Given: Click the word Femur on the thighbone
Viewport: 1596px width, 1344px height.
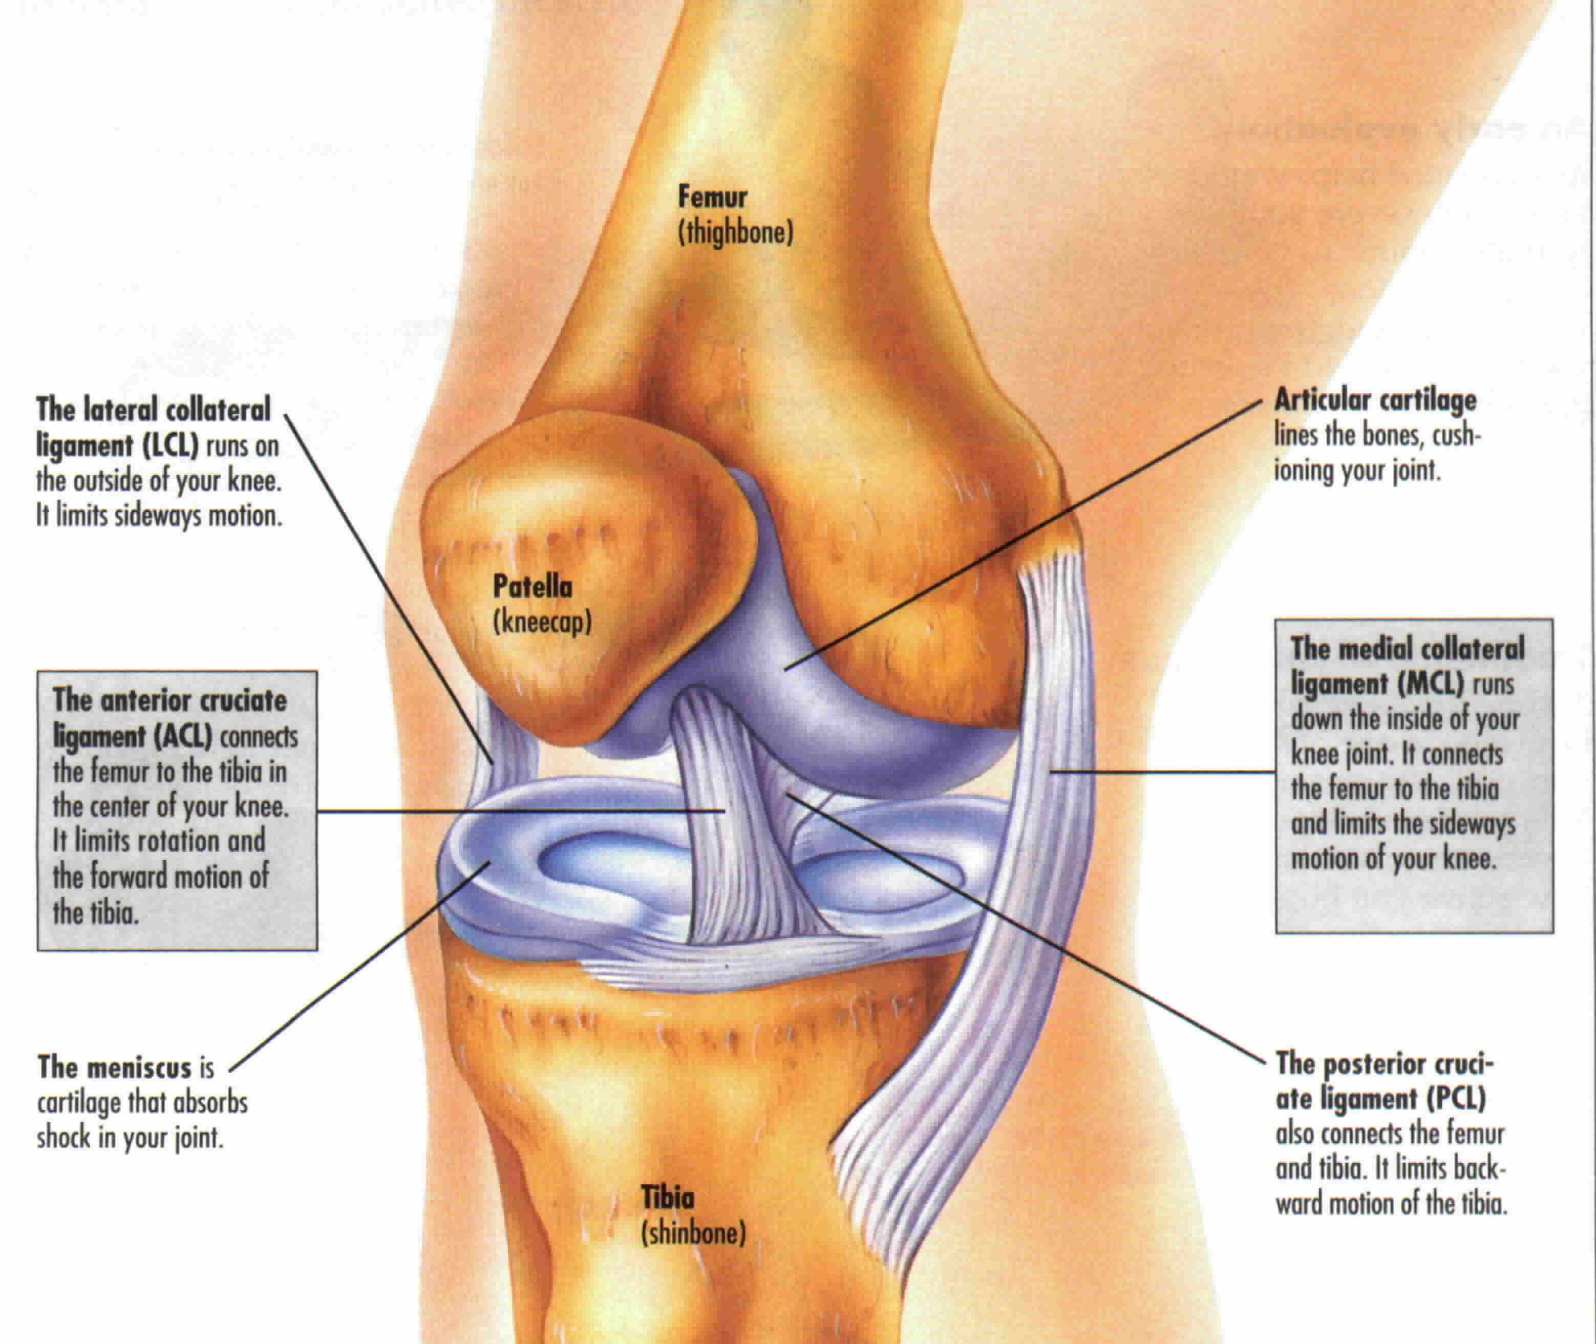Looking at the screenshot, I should click(x=712, y=197).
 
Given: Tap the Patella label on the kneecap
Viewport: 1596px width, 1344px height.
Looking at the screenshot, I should click(x=532, y=587).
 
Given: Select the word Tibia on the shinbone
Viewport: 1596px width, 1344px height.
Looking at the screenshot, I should click(x=667, y=1198).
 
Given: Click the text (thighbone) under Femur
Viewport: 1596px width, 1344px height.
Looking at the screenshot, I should click(x=735, y=232).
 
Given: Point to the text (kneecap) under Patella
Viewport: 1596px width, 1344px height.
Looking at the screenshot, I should click(x=542, y=623).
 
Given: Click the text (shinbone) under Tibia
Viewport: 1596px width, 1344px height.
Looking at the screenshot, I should click(x=692, y=1233).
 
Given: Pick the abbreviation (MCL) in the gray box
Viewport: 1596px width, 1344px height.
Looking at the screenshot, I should click(x=1431, y=684).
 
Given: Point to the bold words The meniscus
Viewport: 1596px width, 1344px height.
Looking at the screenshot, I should click(x=114, y=1068).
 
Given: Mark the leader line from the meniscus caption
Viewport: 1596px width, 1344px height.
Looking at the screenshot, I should click(x=358, y=968).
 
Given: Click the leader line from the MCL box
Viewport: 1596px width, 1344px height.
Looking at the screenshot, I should click(x=1162, y=772).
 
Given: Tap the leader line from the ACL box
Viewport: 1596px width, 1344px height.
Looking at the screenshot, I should click(x=518, y=812).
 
